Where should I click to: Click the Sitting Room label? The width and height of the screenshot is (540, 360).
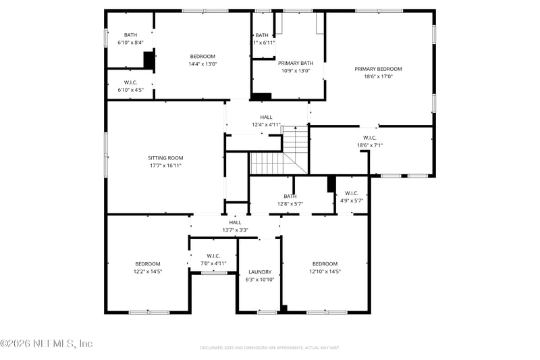(165, 158)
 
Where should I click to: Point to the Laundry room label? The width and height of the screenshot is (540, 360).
(260, 272)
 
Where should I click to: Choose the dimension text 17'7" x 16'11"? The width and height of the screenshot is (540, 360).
(165, 165)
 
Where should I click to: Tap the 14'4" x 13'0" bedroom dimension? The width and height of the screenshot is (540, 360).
(202, 64)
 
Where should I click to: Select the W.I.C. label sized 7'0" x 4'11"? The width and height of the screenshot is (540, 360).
(213, 256)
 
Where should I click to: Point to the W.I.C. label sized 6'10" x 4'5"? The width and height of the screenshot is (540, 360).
(130, 82)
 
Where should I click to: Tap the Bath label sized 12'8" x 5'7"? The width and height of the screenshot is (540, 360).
(290, 197)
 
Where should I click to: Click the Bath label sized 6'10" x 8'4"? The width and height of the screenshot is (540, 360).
(130, 35)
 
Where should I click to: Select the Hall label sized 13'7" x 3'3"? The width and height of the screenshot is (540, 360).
(235, 222)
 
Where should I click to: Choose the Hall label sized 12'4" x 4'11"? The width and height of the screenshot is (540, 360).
(267, 117)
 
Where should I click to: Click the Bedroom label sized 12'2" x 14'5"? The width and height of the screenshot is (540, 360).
(147, 263)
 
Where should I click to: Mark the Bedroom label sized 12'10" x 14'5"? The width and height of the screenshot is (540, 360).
(325, 263)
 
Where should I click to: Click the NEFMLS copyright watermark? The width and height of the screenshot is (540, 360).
(46, 344)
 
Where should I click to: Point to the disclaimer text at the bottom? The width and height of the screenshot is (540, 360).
(269, 348)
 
